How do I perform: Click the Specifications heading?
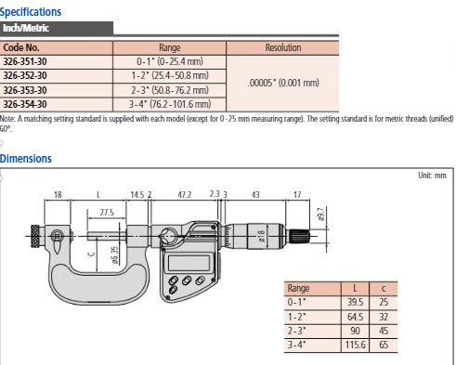pos(31,12)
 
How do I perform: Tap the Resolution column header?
pos(282,46)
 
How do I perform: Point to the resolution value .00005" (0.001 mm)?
pos(282,83)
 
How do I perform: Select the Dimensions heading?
pos(26,159)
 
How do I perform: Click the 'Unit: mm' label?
pos(434,175)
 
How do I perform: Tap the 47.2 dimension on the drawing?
pos(184,195)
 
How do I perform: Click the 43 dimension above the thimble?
pos(253,195)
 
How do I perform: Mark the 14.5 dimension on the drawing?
pos(137,195)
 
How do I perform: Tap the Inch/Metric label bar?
pos(24,29)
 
